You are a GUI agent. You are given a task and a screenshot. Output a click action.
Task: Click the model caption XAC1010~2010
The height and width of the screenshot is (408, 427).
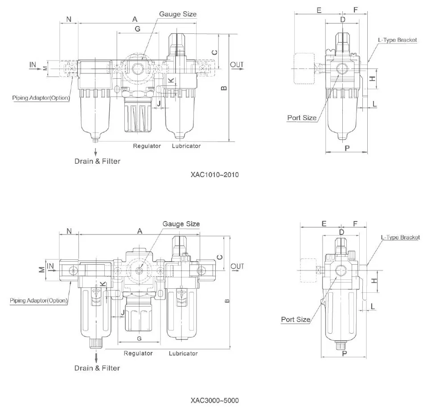tap(214, 174)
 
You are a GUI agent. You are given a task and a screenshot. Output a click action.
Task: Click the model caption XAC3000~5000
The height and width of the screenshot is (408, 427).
tap(214, 400)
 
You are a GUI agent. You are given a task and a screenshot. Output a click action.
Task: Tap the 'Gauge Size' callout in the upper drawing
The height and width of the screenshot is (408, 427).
tap(178, 14)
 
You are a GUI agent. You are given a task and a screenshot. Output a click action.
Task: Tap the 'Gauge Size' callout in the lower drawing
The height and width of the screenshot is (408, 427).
tap(181, 224)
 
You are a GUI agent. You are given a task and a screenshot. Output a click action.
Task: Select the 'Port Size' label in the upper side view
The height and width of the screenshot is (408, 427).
tap(302, 118)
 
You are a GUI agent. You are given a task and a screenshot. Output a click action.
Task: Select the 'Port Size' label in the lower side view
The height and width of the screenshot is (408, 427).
tap(296, 319)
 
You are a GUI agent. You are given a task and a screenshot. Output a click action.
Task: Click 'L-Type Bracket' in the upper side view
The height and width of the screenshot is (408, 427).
tap(397, 40)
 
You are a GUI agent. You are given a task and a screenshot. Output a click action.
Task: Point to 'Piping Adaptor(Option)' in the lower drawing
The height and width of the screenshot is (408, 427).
tap(39, 301)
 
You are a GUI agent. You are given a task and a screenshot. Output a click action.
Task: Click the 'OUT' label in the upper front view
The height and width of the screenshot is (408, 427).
tap(237, 65)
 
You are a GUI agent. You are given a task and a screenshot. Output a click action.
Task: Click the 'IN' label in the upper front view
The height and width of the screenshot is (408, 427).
tap(33, 65)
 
